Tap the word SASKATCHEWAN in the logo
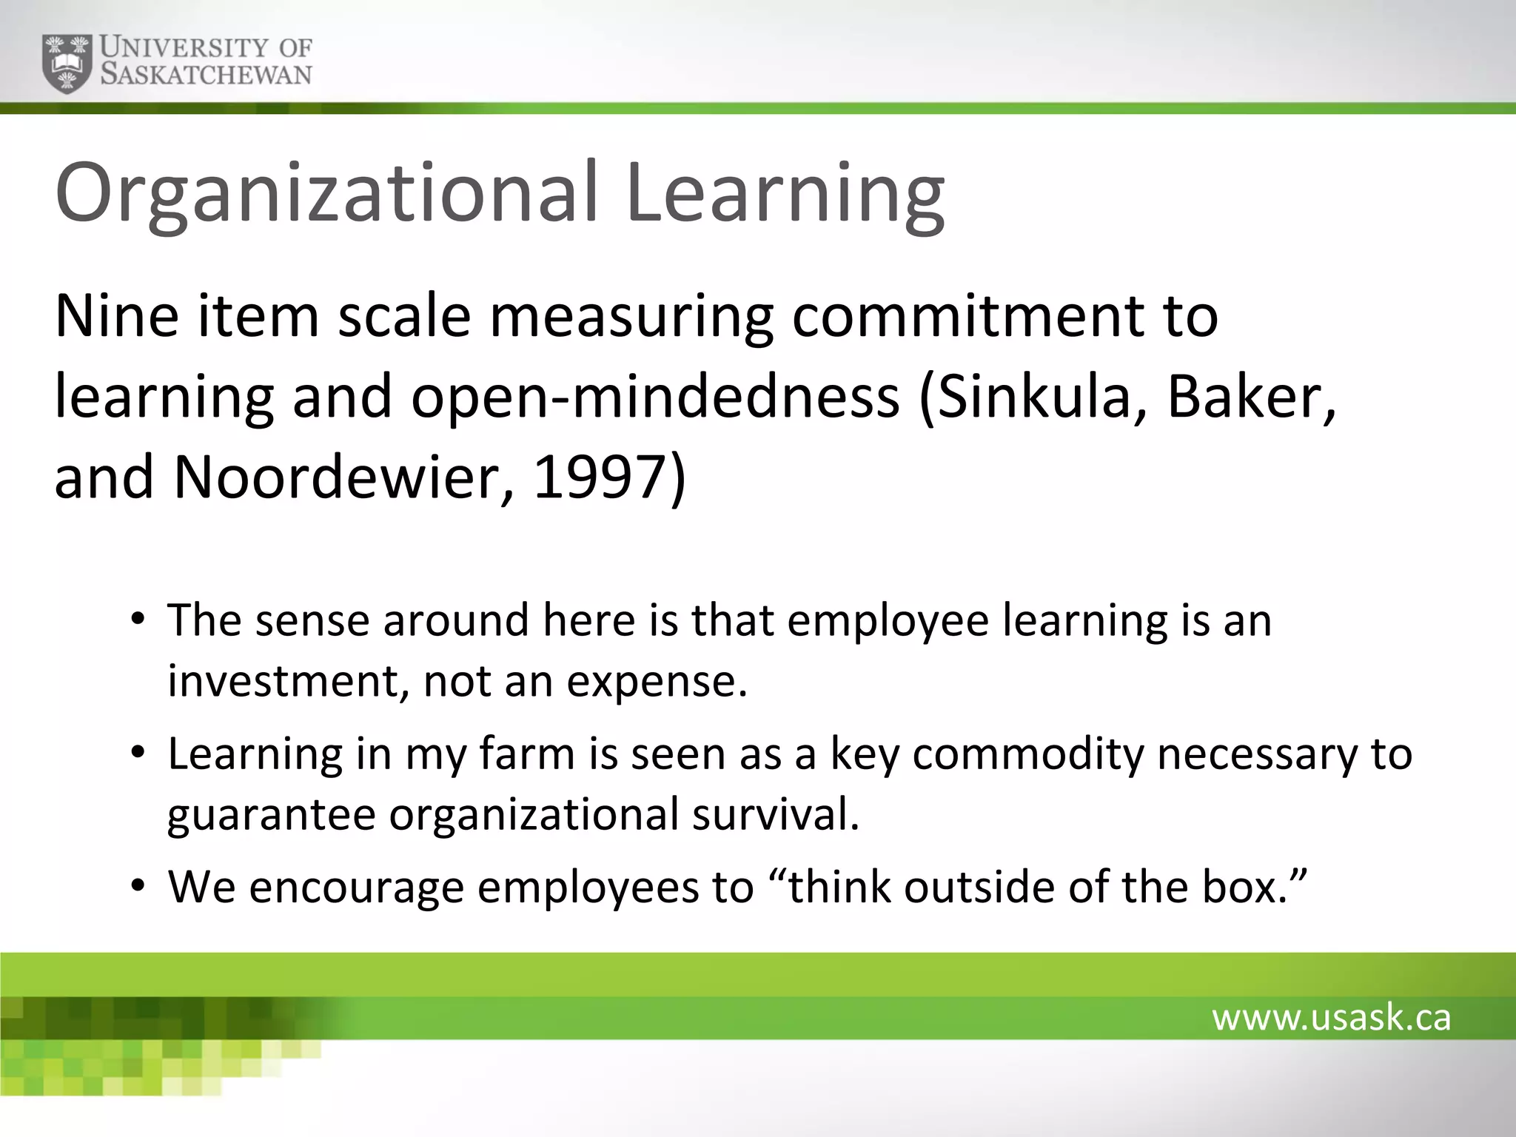tap(206, 75)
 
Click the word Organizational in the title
tap(326, 194)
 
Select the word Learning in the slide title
tap(785, 194)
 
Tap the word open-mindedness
tap(654, 398)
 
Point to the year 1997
tap(600, 477)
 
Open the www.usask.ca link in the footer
tap(1331, 1018)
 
